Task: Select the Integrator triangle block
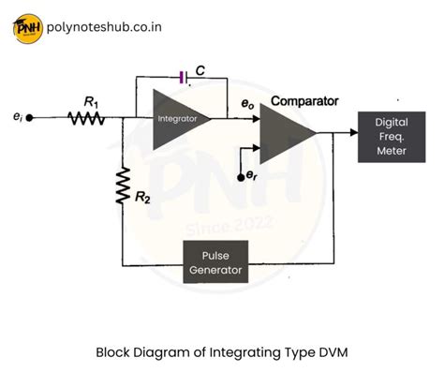coord(177,119)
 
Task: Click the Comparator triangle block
coord(287,134)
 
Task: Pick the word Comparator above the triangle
coord(303,99)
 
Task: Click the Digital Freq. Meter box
coord(391,136)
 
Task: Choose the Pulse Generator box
coord(216,263)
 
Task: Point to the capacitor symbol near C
coord(182,77)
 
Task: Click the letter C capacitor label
coord(200,68)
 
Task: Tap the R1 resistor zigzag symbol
coord(85,119)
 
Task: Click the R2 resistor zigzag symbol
coord(122,186)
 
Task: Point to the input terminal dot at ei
coord(30,119)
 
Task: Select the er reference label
coord(250,175)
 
